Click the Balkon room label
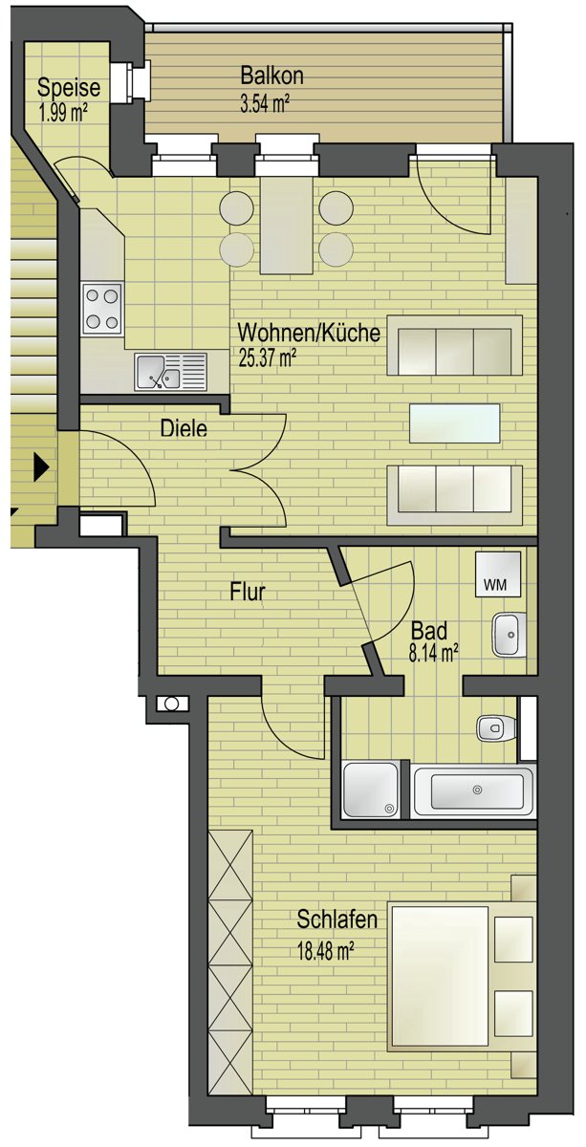pyautogui.click(x=272, y=76)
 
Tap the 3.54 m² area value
pyautogui.click(x=265, y=104)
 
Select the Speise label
pyautogui.click(x=69, y=88)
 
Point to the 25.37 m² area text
pyautogui.click(x=268, y=357)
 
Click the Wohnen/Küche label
pyautogui.click(x=309, y=334)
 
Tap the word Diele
pyautogui.click(x=184, y=428)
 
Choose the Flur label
pyautogui.click(x=248, y=592)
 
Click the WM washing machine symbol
pyautogui.click(x=498, y=574)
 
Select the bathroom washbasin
pyautogui.click(x=510, y=635)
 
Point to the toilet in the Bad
pyautogui.click(x=496, y=727)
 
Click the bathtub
pyautogui.click(x=474, y=791)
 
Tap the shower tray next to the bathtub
pyautogui.click(x=371, y=790)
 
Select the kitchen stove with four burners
pyautogui.click(x=102, y=309)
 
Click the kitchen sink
pyautogui.click(x=170, y=372)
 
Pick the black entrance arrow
pyautogui.click(x=41, y=466)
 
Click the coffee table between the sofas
pyautogui.click(x=455, y=422)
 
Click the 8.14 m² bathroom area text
pyautogui.click(x=433, y=654)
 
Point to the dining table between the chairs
pyautogui.click(x=287, y=226)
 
